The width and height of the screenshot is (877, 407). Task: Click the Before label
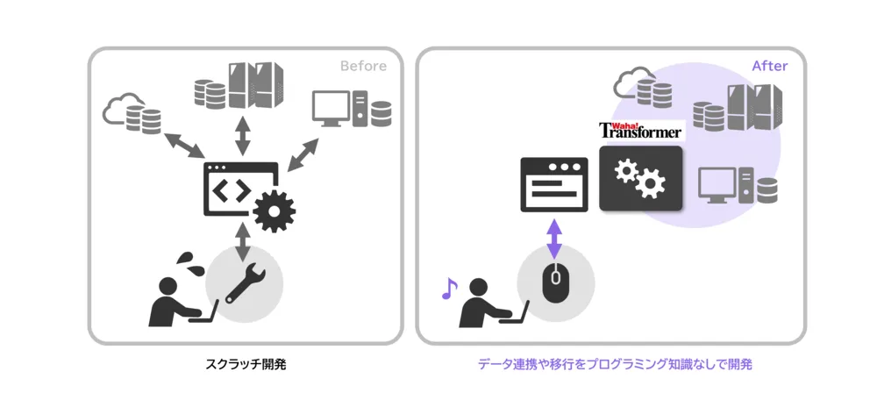tap(363, 67)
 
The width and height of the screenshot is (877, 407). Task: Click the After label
tap(770, 67)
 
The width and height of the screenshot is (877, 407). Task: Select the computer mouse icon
tap(554, 284)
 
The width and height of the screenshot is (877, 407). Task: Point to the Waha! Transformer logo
tap(641, 131)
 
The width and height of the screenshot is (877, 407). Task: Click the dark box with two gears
tap(640, 179)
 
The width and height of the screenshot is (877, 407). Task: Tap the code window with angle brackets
tap(235, 188)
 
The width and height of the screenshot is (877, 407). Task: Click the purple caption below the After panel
tap(615, 363)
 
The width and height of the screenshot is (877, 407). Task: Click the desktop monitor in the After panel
tap(717, 185)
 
